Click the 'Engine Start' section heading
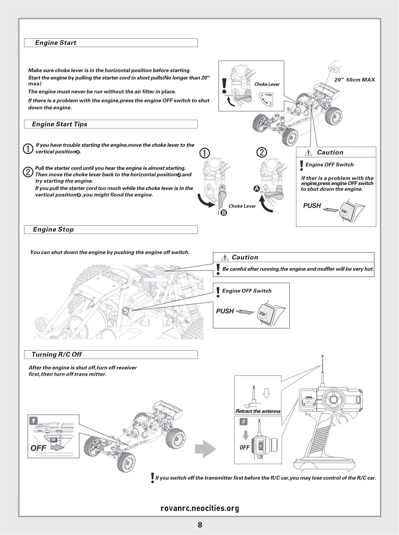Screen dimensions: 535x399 [x=56, y=43]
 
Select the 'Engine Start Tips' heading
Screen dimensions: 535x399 [x=59, y=124]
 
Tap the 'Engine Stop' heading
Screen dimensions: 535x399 [x=54, y=229]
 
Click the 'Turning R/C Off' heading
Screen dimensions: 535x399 [x=57, y=354]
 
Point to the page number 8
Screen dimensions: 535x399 [x=200, y=525]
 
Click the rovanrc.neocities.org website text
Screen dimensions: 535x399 [x=200, y=508]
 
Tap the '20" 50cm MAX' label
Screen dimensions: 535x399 [x=354, y=80]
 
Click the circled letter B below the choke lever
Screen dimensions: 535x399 [x=224, y=213]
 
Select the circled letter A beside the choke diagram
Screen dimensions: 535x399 [x=257, y=189]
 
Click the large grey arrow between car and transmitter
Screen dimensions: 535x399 [x=205, y=449]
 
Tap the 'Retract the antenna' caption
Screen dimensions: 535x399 [x=258, y=411]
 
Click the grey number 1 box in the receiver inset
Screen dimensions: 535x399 [x=33, y=420]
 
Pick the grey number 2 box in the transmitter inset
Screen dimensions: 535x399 [x=243, y=422]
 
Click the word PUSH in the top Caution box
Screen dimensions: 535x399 [x=312, y=206]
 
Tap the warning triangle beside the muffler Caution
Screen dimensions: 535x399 [x=225, y=257]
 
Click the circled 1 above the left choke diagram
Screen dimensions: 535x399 [x=205, y=153]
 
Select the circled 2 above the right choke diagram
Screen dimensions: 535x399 [x=262, y=152]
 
